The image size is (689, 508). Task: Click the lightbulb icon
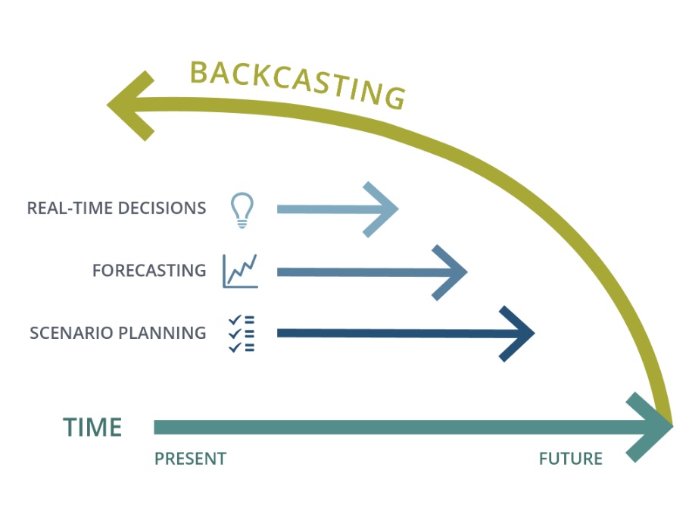click(242, 210)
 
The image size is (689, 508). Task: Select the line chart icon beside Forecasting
click(240, 271)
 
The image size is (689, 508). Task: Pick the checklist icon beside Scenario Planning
click(242, 334)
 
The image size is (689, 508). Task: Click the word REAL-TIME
click(69, 208)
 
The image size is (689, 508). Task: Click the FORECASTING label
click(149, 270)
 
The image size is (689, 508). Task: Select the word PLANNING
click(162, 333)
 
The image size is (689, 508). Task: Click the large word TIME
click(92, 427)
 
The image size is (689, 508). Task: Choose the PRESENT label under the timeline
click(190, 459)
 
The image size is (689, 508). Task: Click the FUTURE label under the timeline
click(570, 459)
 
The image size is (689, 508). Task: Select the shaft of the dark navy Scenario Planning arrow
click(400, 334)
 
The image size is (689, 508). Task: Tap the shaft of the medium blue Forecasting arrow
click(366, 272)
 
